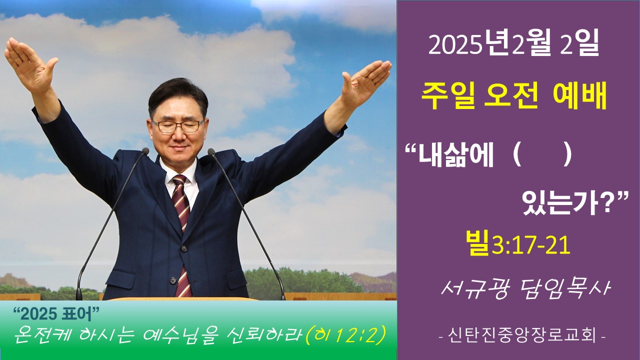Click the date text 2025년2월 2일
[513, 45]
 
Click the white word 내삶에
[455, 156]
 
